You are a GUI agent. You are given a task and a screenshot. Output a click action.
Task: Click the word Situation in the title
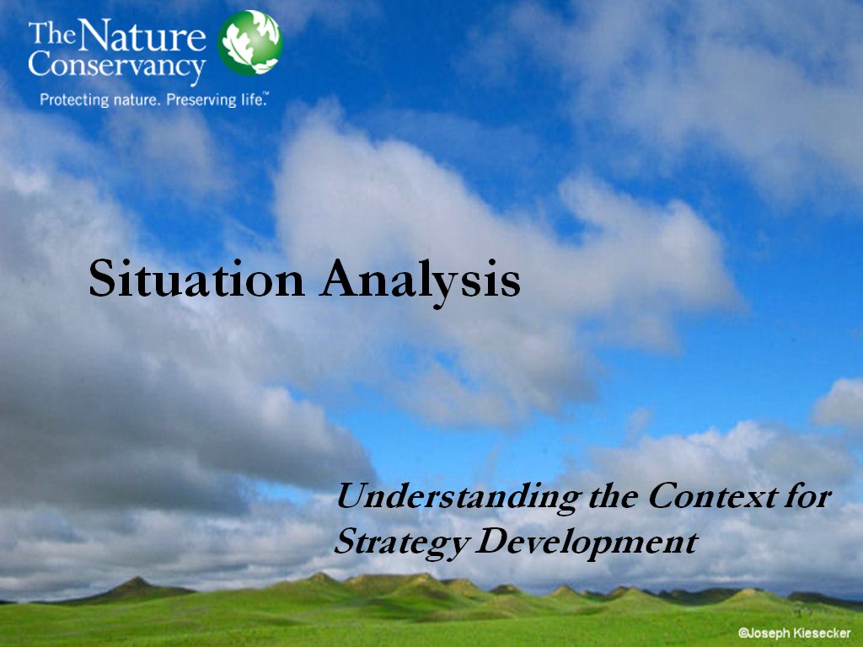[x=196, y=278]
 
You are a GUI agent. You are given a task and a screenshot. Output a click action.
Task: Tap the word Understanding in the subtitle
[x=458, y=497]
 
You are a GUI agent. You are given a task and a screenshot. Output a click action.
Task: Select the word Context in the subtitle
[x=713, y=495]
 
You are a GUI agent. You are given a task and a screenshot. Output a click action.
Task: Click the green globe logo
[x=249, y=43]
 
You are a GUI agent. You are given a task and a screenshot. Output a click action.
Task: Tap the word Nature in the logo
[x=142, y=35]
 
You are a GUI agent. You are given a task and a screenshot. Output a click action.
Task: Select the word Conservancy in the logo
[x=117, y=66]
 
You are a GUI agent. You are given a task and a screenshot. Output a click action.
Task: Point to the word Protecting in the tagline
[x=74, y=100]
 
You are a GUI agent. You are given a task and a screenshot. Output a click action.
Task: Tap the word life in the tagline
[x=253, y=99]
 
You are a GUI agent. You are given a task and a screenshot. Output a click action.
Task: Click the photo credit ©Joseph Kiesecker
[x=794, y=634]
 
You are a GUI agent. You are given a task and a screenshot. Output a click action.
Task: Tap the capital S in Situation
[x=101, y=279]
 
